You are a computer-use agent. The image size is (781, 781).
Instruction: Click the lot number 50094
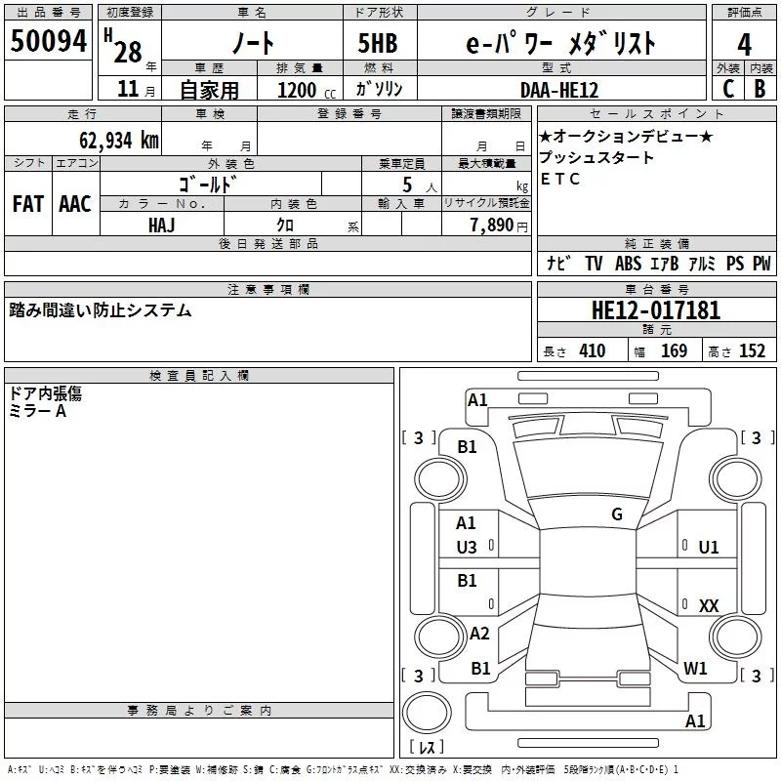48,41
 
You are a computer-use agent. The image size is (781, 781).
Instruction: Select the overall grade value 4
744,45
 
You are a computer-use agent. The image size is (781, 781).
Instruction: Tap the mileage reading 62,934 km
119,141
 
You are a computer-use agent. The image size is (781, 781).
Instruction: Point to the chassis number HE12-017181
656,310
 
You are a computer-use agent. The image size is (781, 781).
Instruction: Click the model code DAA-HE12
559,90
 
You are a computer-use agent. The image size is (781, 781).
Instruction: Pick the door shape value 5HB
378,43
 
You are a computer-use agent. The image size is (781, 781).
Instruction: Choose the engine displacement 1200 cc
307,90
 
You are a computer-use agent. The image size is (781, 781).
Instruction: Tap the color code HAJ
162,226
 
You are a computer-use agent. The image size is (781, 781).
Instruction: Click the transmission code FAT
28,204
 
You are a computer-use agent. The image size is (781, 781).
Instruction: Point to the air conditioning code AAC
75,204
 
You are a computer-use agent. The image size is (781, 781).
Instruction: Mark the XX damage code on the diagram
709,605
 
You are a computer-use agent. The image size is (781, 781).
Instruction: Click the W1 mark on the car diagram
695,668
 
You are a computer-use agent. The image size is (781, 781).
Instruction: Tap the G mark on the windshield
617,514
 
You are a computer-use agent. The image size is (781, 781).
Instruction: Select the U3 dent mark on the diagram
467,548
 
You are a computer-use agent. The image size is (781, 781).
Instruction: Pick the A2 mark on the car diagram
479,633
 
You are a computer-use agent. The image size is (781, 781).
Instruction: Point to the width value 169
674,350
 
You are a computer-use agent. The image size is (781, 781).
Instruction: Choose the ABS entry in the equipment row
628,263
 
